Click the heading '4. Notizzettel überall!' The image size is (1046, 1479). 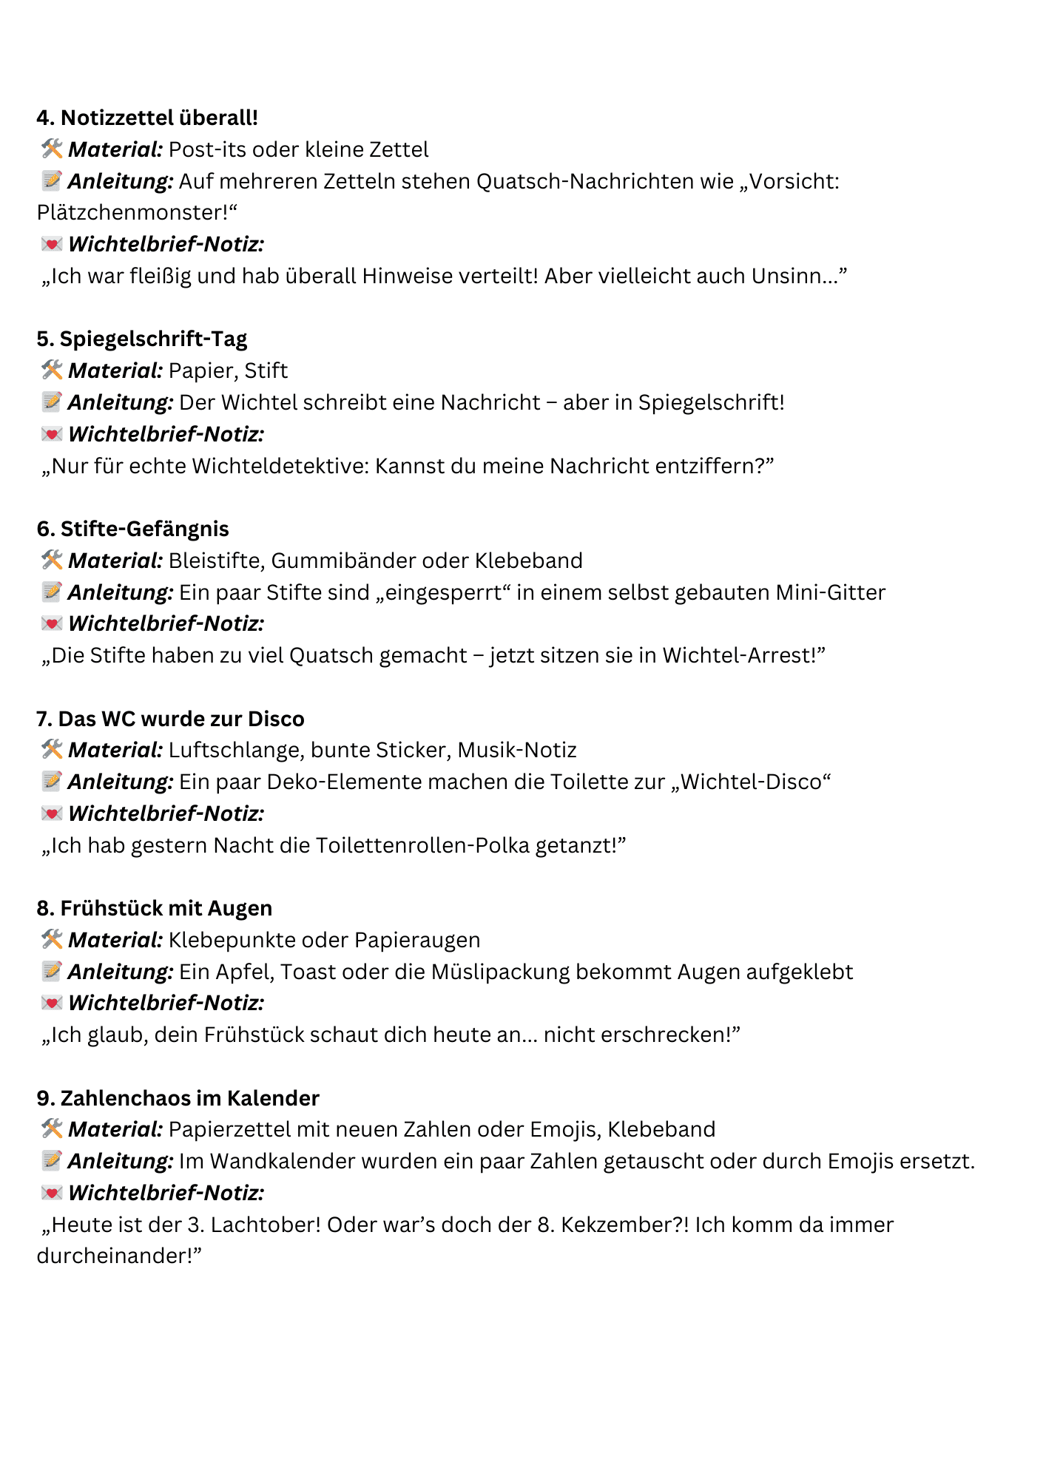tap(147, 118)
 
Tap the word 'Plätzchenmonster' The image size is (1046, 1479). tap(132, 213)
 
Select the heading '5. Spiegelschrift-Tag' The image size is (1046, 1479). tap(142, 339)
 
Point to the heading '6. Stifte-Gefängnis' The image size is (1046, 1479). tap(133, 529)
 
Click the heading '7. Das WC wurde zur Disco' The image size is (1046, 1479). tap(170, 719)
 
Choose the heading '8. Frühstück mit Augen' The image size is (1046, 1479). tap(155, 908)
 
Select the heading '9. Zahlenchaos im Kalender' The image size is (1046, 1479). tap(178, 1098)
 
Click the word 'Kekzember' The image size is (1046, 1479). tap(622, 1225)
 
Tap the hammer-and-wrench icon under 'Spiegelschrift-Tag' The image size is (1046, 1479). tap(52, 370)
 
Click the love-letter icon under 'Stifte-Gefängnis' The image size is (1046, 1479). tap(52, 623)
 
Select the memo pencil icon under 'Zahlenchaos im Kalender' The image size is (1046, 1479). tap(52, 1161)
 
